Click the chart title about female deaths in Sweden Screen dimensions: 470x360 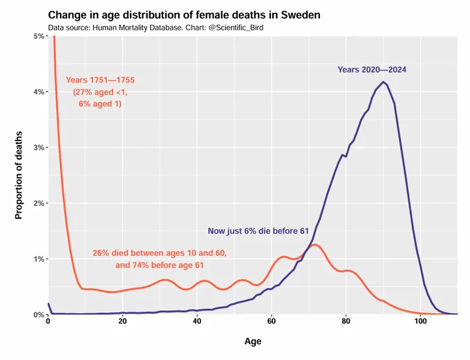tap(184, 15)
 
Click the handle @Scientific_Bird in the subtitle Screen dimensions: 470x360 tap(236, 28)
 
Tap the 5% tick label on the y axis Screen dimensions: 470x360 tap(39, 36)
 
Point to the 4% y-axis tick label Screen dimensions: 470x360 tap(39, 92)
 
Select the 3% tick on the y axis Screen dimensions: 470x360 tap(39, 148)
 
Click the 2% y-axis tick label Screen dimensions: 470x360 tap(39, 204)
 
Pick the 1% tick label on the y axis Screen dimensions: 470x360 tap(39, 259)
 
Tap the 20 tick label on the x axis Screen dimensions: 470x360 tap(122, 321)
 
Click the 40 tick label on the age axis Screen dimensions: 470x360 tap(197, 321)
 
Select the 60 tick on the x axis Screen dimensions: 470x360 tap(271, 321)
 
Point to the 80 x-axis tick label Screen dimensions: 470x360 tap(346, 321)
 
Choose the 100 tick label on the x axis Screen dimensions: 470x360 tap(420, 321)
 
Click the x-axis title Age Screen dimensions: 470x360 tap(253, 341)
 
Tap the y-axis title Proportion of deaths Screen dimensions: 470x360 tap(19, 175)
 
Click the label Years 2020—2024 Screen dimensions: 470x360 tap(372, 70)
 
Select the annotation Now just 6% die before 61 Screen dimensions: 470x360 tap(258, 231)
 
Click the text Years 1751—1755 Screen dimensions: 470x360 tap(100, 80)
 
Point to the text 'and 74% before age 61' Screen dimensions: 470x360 tap(160, 265)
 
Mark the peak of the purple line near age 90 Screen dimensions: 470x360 tap(383, 82)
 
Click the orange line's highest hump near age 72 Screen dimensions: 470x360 tap(314, 245)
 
